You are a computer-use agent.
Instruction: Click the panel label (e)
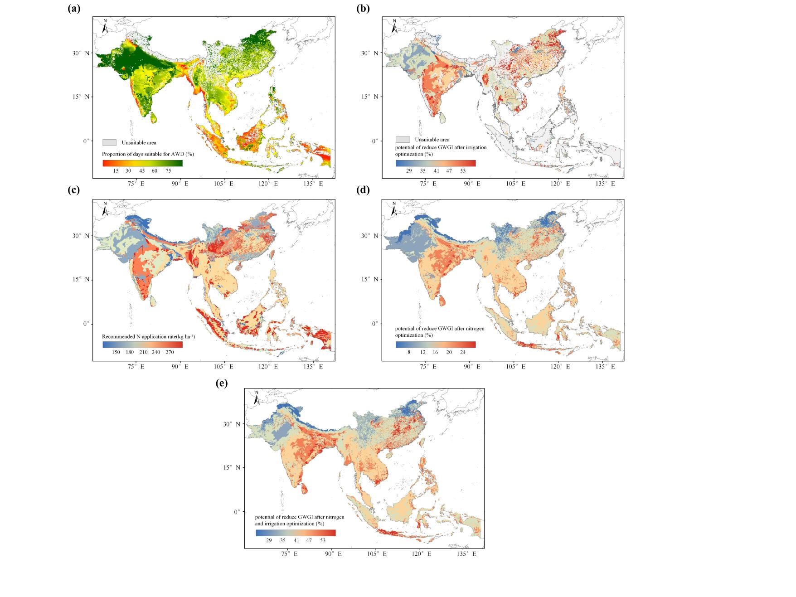(221, 383)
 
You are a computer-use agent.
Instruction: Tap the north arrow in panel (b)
(394, 26)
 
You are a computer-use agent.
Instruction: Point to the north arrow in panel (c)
(105, 209)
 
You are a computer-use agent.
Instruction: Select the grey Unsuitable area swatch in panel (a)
(109, 142)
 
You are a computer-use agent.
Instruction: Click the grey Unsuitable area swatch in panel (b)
(403, 140)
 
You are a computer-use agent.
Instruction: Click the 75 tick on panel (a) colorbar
(168, 171)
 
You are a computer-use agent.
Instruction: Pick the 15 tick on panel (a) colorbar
(116, 171)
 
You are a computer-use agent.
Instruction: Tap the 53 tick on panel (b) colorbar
(462, 171)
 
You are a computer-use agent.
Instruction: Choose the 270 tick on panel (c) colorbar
(170, 352)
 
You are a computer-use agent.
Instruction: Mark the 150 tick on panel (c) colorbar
(116, 352)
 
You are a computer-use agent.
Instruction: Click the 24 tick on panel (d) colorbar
(462, 352)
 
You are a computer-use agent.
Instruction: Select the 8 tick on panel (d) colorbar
(409, 352)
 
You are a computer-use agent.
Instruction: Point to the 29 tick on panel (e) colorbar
(269, 540)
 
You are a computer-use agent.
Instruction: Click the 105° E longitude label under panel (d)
(515, 366)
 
